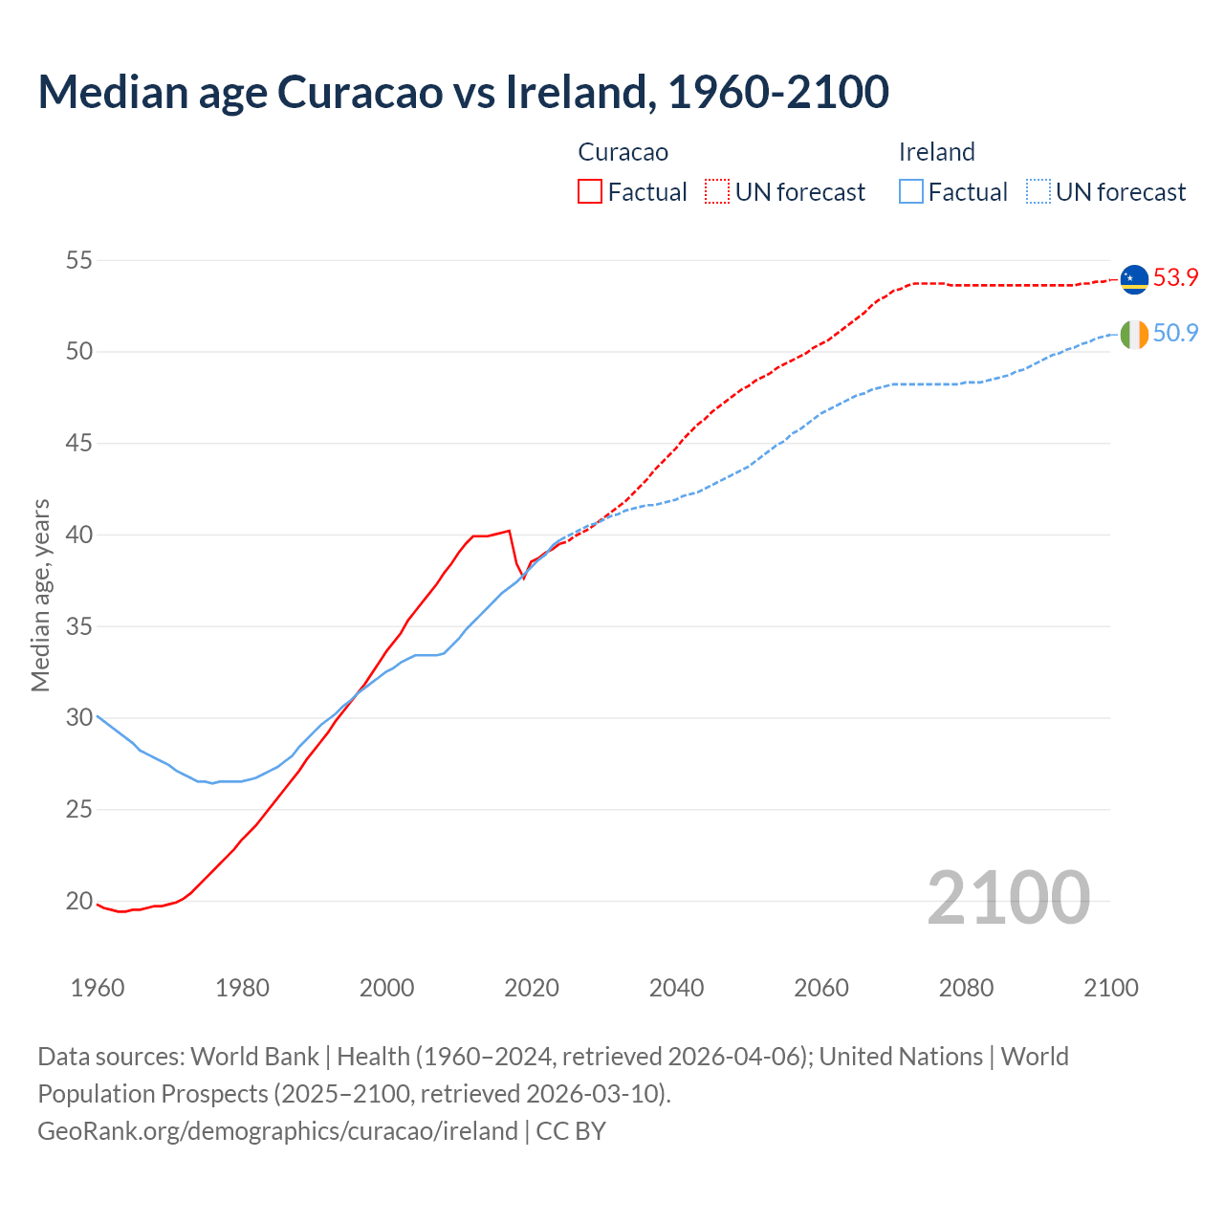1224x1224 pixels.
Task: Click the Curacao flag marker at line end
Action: coord(1134,278)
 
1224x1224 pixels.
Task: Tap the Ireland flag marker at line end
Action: coord(1134,335)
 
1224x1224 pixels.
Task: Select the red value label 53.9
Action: coord(1175,277)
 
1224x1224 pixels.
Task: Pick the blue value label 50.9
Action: coord(1175,333)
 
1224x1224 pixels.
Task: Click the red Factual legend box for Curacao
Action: coord(590,192)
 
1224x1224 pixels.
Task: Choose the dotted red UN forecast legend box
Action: coord(717,192)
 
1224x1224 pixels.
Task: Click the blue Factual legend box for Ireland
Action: coord(911,192)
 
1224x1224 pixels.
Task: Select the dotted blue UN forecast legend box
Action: coord(1038,192)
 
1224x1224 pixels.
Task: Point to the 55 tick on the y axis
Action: coord(79,260)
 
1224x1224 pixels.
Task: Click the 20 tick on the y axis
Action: coord(79,901)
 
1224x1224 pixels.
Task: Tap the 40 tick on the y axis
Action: coord(79,535)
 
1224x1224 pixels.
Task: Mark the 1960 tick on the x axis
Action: coord(98,988)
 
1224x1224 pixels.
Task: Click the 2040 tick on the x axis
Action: coord(676,988)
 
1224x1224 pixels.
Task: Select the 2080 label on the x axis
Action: coord(966,988)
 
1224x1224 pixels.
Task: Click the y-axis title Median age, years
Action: coord(40,595)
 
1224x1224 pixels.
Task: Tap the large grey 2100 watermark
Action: coord(1008,897)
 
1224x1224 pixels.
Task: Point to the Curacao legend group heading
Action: coord(623,152)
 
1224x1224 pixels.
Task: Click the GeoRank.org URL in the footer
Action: coord(277,1130)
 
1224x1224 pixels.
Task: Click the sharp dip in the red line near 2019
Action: coord(523,578)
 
